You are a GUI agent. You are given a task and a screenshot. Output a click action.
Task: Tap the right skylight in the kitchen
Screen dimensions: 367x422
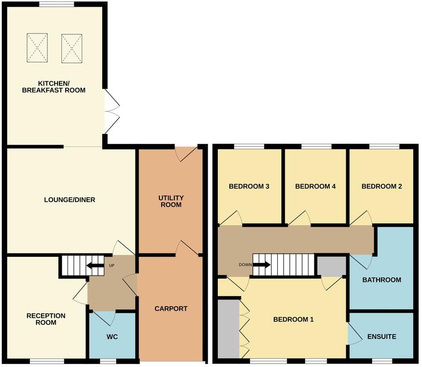point(72,47)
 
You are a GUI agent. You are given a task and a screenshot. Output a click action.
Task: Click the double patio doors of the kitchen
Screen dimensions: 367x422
point(111,112)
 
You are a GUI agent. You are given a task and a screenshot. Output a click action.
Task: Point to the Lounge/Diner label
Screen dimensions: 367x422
point(70,200)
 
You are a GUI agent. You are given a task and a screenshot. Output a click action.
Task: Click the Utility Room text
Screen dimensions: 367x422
point(170,201)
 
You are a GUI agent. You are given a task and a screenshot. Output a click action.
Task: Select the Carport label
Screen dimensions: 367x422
point(170,308)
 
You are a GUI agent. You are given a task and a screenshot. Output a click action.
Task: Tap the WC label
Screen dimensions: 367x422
point(112,337)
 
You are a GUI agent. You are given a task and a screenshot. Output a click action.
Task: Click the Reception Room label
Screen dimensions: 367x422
point(45,319)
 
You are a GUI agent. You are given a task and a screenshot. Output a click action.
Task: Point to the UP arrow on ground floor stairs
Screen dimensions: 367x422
point(95,265)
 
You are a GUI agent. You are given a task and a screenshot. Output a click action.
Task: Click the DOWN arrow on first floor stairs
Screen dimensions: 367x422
point(261,265)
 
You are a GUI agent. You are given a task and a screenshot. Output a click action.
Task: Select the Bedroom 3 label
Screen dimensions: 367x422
point(249,186)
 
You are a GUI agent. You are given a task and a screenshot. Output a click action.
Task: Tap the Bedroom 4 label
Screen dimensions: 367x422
point(315,186)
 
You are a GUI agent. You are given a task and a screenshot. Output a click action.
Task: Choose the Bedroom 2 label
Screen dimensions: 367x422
point(381,186)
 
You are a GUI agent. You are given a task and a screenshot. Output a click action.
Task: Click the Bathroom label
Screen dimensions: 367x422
point(381,279)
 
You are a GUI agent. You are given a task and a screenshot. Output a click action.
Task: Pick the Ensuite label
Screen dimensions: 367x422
point(381,337)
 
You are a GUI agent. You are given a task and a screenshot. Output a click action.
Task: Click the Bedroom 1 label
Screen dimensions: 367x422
point(294,319)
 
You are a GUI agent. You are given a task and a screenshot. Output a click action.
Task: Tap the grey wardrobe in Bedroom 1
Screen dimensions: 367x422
point(228,329)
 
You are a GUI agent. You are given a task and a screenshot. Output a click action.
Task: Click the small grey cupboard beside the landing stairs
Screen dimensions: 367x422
point(331,266)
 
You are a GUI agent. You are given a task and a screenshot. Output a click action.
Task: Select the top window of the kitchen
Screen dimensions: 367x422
point(56,4)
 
